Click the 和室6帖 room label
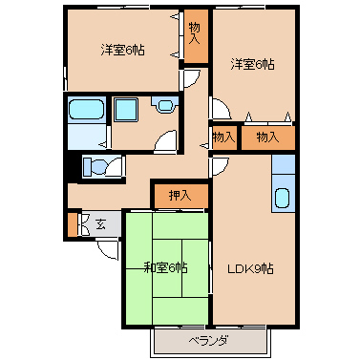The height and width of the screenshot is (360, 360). click(x=165, y=268)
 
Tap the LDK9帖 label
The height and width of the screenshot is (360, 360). click(x=250, y=269)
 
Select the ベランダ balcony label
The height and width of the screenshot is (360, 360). click(x=208, y=341)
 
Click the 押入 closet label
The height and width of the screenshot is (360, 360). click(x=180, y=196)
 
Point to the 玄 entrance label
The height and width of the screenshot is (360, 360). click(x=100, y=224)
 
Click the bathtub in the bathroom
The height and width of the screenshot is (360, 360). click(x=86, y=110)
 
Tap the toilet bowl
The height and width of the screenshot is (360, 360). click(x=95, y=166)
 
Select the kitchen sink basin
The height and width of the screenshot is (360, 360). click(x=283, y=198)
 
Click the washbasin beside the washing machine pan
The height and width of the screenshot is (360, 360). click(x=164, y=105)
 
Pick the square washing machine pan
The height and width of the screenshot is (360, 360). click(x=126, y=109)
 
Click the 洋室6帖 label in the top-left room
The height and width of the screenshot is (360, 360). click(x=122, y=50)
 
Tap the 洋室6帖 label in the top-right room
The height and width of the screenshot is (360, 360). click(x=252, y=65)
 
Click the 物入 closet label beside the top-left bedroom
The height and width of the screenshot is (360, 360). click(x=195, y=33)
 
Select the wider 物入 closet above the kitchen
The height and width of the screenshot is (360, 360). click(x=267, y=138)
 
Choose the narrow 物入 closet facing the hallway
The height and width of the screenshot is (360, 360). click(x=224, y=138)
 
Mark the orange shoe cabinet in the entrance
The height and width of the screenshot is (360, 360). click(x=73, y=224)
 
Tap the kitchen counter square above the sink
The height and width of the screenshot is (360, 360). click(x=283, y=164)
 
